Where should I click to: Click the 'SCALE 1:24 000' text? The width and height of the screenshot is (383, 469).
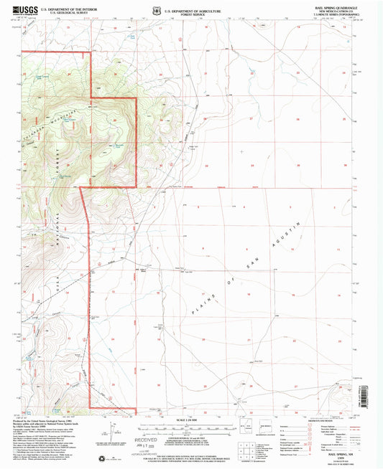[190, 419]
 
